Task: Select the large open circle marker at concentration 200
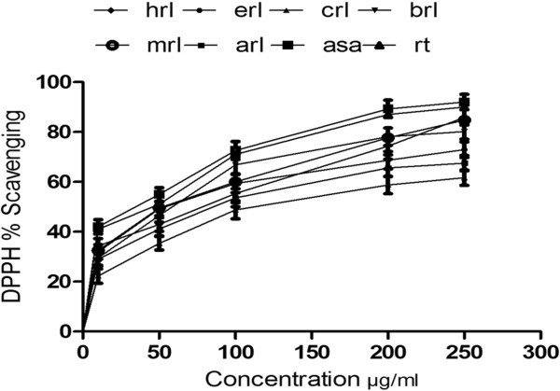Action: coord(385,138)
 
